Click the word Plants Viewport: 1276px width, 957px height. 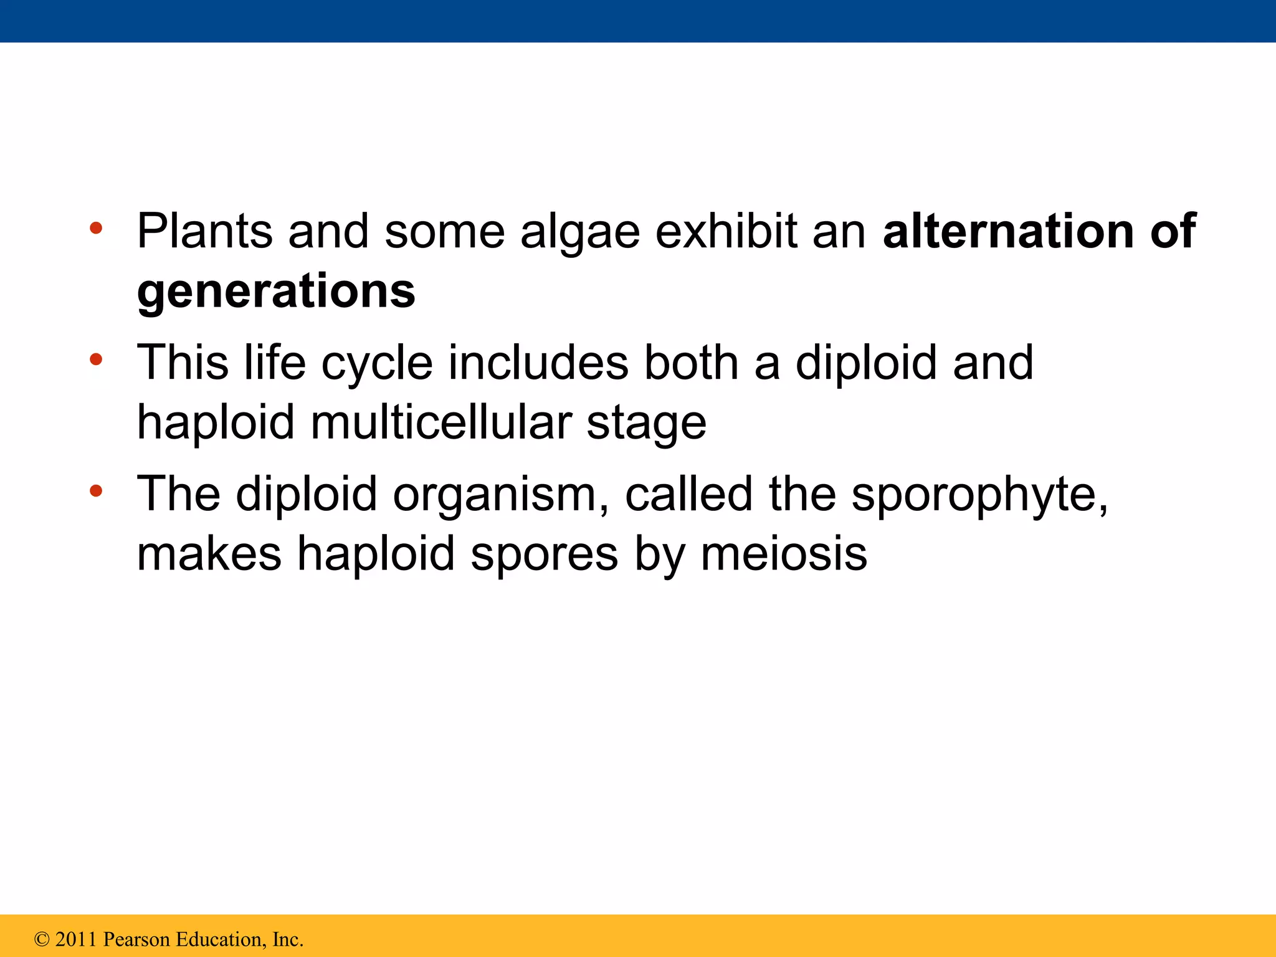pos(204,231)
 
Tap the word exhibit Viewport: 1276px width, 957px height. pos(726,231)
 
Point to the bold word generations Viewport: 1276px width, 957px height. pos(276,292)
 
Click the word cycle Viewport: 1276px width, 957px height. pos(377,363)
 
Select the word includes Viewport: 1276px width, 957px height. pos(538,362)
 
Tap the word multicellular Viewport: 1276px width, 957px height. pos(440,422)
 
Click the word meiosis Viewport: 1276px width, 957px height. pos(784,553)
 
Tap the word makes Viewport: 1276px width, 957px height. pos(209,553)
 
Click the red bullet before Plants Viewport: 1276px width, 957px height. pos(95,229)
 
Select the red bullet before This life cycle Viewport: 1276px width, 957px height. pos(95,359)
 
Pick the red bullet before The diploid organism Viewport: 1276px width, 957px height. pos(95,492)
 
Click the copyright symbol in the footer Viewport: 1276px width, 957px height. pos(42,939)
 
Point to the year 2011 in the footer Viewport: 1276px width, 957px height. pos(76,939)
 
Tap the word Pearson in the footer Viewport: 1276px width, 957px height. pos(136,939)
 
